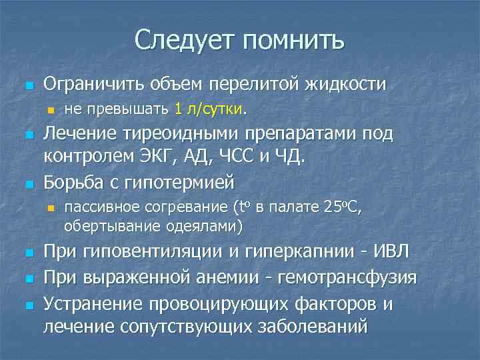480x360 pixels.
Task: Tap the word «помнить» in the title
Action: point(294,41)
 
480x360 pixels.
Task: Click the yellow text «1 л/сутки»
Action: point(210,108)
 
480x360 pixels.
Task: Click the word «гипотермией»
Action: point(190,181)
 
